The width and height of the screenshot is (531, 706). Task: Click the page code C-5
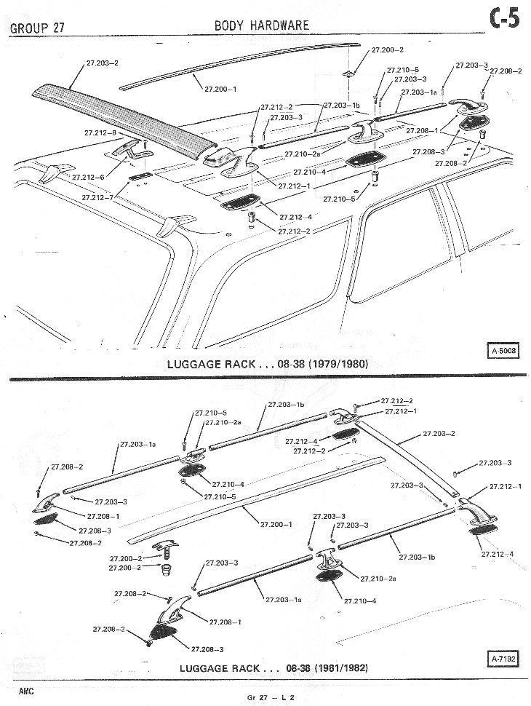(504, 20)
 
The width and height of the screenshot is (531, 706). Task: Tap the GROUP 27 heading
(37, 28)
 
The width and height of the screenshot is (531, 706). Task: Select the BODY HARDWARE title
(262, 25)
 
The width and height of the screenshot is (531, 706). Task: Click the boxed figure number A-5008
(503, 350)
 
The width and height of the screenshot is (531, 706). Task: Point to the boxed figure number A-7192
(503, 659)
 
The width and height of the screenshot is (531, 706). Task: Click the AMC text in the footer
(26, 691)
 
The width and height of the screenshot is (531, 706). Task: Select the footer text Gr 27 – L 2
(271, 697)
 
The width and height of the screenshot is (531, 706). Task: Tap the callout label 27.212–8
(100, 132)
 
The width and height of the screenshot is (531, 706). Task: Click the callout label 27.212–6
(88, 178)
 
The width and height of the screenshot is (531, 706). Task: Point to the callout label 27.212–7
(97, 198)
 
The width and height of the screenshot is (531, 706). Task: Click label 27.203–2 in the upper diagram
(102, 63)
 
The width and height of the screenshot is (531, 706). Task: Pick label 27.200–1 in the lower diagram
(276, 524)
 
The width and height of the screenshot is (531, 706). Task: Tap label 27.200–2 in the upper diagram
(388, 50)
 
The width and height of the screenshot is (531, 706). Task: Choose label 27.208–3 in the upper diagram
(428, 151)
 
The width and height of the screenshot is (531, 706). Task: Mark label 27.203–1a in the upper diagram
(418, 92)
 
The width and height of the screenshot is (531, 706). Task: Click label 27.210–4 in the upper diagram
(309, 172)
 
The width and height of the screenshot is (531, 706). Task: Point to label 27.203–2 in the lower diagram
(439, 434)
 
